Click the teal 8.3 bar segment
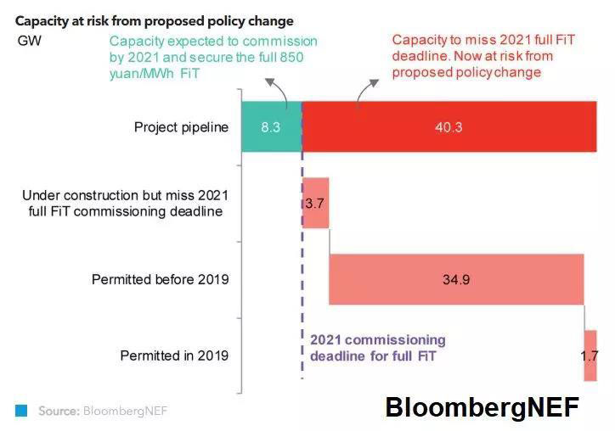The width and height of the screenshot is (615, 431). (271, 127)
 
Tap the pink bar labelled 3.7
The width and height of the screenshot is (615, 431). (315, 203)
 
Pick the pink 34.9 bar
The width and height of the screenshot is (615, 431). (456, 279)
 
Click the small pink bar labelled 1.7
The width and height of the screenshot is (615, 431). (590, 355)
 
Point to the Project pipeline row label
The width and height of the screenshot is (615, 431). (181, 127)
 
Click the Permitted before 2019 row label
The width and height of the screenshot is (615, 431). (161, 279)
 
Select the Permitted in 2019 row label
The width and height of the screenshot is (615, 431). (174, 355)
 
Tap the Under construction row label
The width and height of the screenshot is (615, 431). (126, 203)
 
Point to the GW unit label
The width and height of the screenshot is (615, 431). (30, 41)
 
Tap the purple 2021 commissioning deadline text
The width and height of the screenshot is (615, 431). (377, 348)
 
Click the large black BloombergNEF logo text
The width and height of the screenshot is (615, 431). (482, 407)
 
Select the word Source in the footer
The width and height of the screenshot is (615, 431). (59, 411)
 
